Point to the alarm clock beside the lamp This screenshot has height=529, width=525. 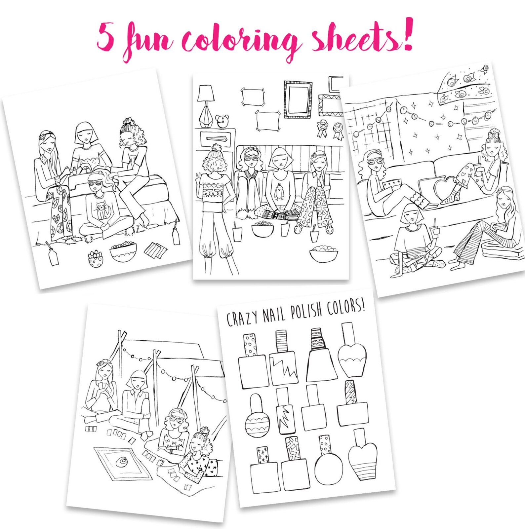[222, 121]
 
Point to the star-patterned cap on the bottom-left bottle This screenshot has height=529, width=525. [262, 455]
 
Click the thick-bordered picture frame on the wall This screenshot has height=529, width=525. [298, 99]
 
